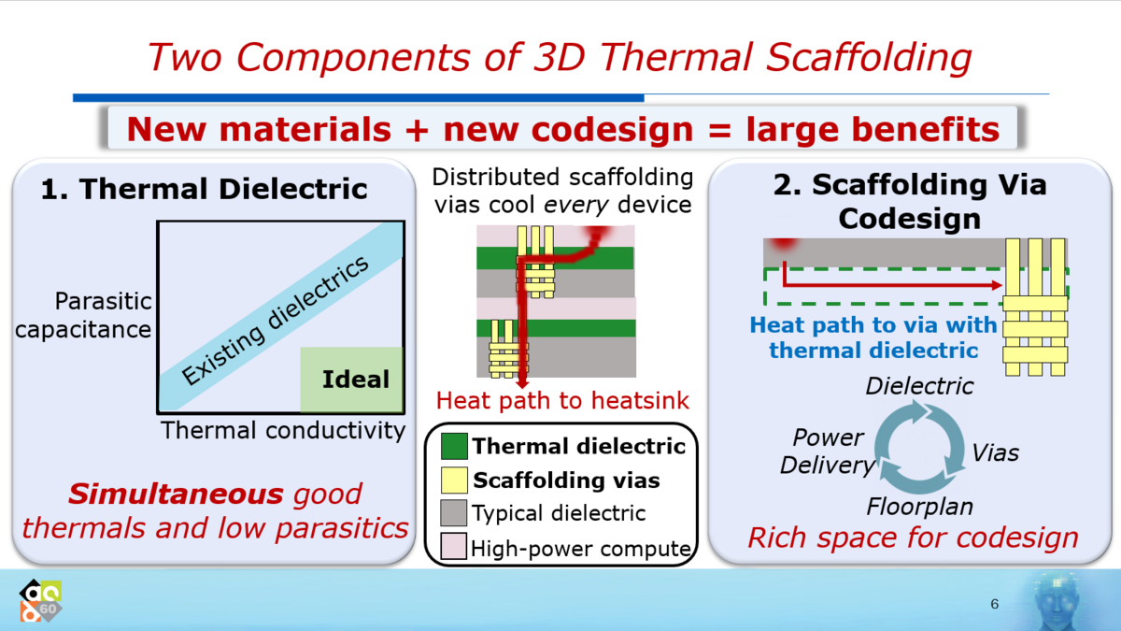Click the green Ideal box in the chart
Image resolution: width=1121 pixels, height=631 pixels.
point(352,380)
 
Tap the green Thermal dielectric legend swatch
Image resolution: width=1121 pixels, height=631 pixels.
point(454,446)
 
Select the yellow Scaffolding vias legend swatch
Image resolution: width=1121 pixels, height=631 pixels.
point(454,480)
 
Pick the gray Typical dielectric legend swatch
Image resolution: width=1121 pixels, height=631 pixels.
point(453,513)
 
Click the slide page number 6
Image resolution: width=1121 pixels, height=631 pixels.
point(994,604)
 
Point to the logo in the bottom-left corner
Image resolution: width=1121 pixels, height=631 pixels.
point(40,600)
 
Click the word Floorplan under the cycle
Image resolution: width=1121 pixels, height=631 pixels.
point(920,507)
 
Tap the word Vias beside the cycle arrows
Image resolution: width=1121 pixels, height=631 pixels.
point(996,453)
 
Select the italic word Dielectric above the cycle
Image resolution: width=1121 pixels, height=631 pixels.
point(920,386)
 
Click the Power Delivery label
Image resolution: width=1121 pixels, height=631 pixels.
point(828,452)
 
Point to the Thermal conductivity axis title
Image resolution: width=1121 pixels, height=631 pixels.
point(283,431)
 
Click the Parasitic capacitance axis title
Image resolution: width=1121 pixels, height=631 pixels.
point(83,316)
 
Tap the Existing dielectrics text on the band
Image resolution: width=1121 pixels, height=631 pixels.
point(276,321)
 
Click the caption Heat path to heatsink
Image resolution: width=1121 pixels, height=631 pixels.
point(562,401)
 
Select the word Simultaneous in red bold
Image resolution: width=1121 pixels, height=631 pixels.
point(177,495)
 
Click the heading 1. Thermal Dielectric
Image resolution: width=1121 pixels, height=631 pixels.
point(205,189)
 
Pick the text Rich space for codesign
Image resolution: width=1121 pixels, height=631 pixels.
point(913,538)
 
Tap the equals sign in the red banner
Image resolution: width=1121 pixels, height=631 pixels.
point(719,130)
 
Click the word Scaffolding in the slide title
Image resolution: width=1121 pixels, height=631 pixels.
point(868,58)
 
